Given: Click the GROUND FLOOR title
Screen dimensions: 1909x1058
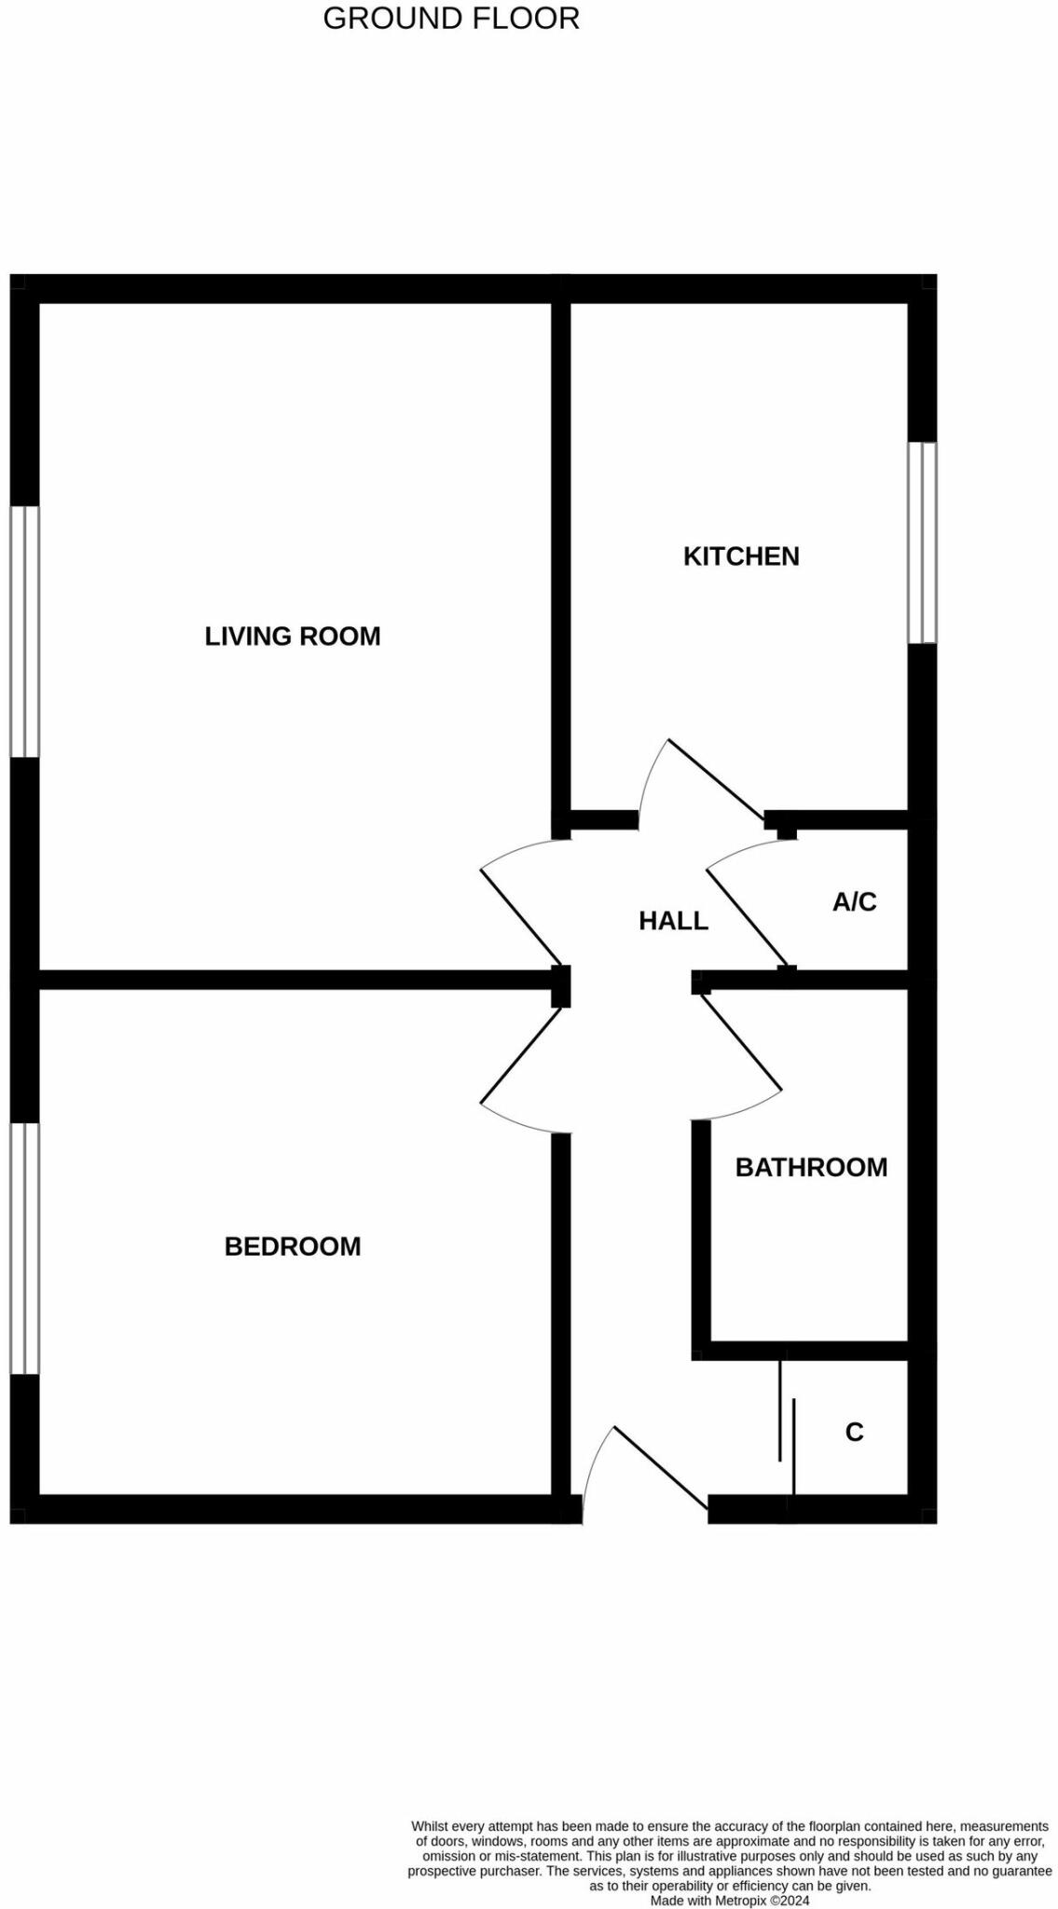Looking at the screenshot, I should point(451,18).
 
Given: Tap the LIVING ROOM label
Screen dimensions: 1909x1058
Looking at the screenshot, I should point(293,637).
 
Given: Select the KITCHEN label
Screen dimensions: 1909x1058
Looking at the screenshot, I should point(741,556).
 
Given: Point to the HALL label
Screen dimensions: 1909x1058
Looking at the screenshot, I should point(673,921).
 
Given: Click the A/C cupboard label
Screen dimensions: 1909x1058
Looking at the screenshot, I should point(854,901).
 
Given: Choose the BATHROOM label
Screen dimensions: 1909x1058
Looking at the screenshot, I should point(811,1167).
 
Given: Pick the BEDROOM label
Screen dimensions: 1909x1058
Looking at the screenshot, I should point(293,1246).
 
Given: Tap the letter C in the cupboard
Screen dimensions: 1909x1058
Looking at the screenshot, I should point(854,1432).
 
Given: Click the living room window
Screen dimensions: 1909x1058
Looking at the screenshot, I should point(25,631).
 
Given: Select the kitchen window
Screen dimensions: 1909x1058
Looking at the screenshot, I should point(922,542).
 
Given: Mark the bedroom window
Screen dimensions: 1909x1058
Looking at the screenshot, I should point(25,1248).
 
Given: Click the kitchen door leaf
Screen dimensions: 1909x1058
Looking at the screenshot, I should point(716,780).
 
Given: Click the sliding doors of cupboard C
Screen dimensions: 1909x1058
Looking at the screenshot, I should point(787,1426).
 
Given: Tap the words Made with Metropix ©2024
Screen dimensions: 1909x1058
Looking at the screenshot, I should point(730,1900).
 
